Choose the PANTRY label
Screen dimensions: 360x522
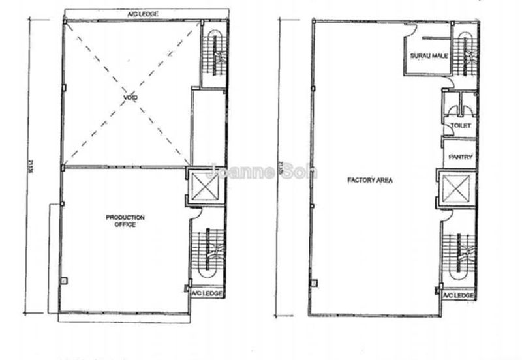coord(460,157)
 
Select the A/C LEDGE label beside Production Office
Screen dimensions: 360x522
coord(207,294)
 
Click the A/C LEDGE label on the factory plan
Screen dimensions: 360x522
coord(457,296)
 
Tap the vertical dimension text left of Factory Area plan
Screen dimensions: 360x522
coord(280,166)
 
